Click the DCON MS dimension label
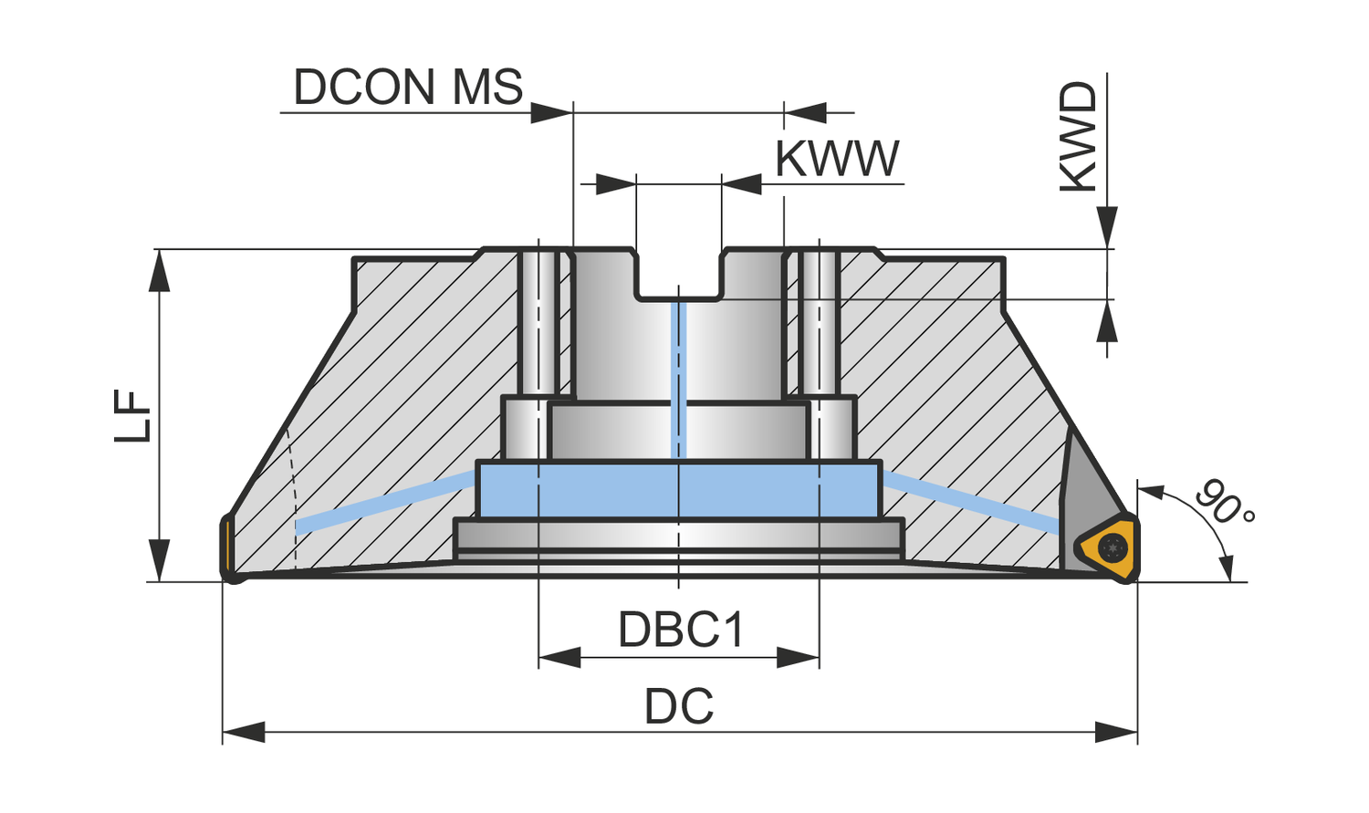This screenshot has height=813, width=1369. (407, 88)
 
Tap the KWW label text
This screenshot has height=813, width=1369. (837, 159)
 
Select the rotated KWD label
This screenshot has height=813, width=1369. (1078, 137)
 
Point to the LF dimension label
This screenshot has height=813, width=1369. (133, 416)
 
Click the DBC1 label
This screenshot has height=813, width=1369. (681, 630)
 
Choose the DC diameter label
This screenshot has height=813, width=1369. (679, 707)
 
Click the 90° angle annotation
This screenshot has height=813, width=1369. (1224, 503)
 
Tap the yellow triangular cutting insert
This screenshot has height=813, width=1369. (1107, 547)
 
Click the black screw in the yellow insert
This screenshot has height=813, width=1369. (1113, 548)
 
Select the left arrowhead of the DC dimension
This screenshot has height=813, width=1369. (243, 732)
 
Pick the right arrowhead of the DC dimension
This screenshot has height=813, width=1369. (1117, 732)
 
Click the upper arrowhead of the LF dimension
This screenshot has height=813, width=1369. (160, 270)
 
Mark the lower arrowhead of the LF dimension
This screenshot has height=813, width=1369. (160, 560)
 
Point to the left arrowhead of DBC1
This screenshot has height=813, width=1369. (559, 657)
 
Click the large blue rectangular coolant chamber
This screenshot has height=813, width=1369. (679, 491)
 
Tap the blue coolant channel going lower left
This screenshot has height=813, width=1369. (383, 502)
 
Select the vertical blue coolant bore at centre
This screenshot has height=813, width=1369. (677, 379)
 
